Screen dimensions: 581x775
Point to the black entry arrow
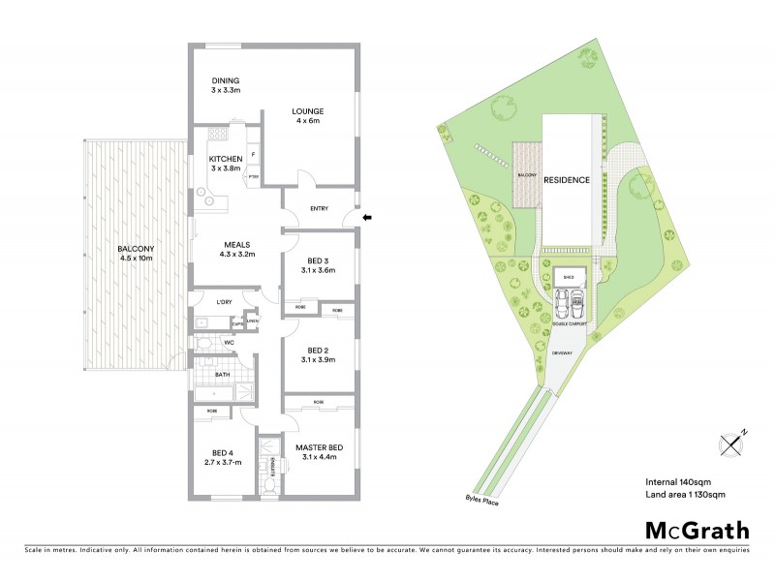pyautogui.click(x=367, y=218)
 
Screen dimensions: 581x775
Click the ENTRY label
pyautogui.click(x=320, y=208)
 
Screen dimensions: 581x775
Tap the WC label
pyautogui.click(x=230, y=343)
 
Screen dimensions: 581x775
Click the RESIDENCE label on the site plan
pyautogui.click(x=566, y=180)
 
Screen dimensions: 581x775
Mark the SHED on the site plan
pyautogui.click(x=569, y=276)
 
